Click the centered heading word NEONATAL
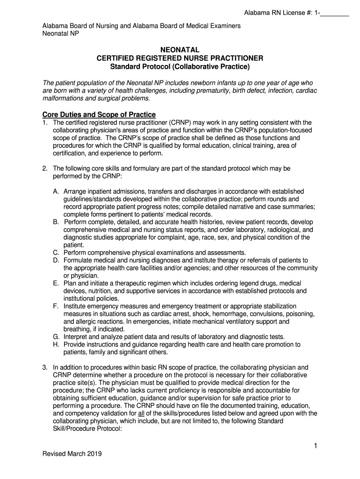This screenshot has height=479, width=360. coord(180,50)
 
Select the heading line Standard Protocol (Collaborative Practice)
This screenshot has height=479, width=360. coord(180,66)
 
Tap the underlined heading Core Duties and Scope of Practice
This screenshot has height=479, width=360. coord(99,115)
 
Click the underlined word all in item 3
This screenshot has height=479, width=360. coord(141,414)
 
